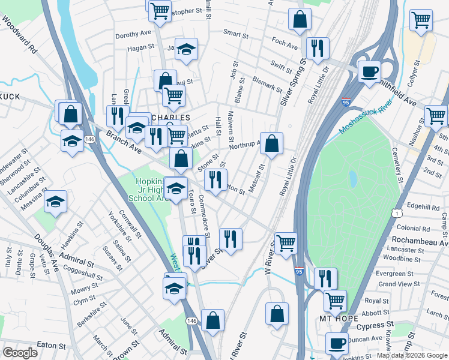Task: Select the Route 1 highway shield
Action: point(396,213)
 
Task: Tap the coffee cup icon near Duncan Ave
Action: point(337,343)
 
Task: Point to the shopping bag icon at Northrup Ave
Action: point(271,143)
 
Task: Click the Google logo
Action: point(20,352)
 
